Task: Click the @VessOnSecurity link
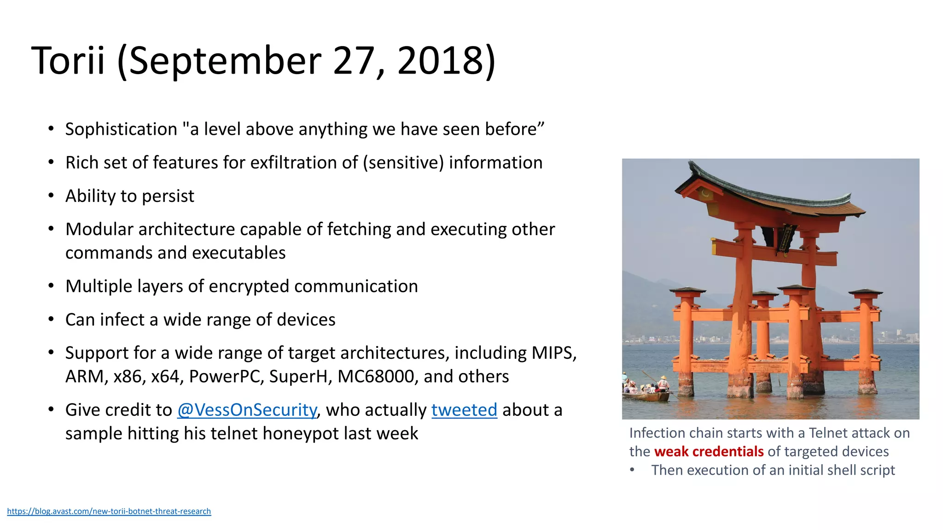[x=247, y=410]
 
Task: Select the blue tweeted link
[x=464, y=410]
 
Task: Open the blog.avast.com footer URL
[x=109, y=511]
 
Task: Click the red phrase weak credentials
[x=709, y=452]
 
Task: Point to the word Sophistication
[x=121, y=129]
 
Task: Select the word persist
[x=168, y=196]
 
